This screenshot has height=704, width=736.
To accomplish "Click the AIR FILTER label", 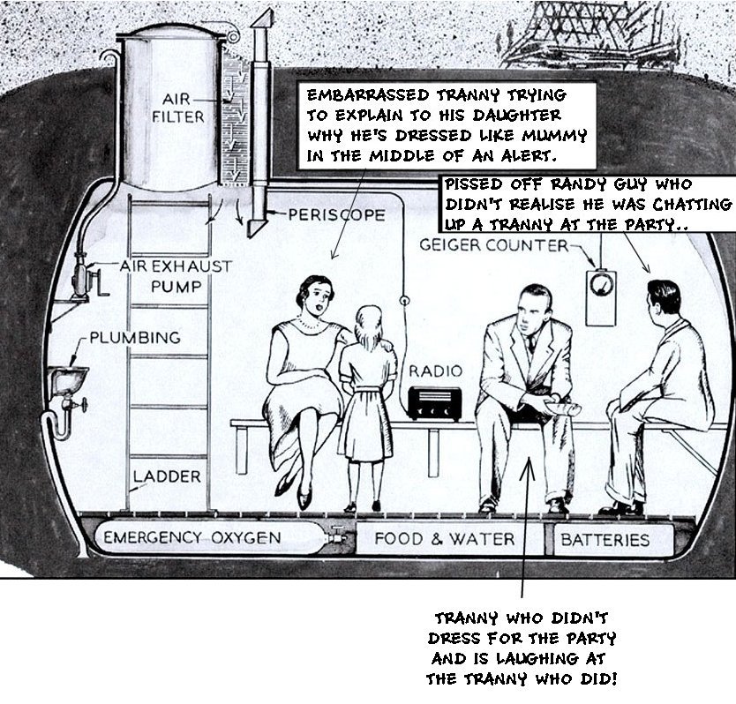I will coord(183,107).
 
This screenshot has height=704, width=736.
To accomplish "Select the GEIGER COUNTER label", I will coord(494,244).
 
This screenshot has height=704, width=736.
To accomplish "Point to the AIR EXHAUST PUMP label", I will coord(176,275).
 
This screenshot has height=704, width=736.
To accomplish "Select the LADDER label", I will coord(167,477).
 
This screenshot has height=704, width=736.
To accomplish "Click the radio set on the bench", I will coord(435,401).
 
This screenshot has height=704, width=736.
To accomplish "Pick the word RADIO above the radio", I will coord(433,371).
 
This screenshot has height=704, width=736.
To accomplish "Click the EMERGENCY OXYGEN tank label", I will coord(192,538).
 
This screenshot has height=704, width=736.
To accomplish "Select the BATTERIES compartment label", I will coord(605,539).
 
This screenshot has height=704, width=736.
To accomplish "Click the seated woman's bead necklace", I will coord(308,324).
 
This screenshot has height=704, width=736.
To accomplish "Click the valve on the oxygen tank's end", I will coord(337,534).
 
